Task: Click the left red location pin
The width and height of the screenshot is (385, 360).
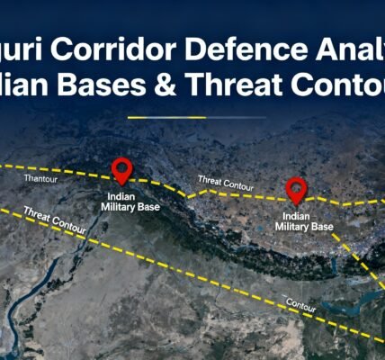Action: (x=121, y=169)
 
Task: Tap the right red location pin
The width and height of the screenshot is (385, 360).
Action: (x=296, y=188)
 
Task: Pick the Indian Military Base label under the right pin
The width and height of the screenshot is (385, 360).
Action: (x=304, y=221)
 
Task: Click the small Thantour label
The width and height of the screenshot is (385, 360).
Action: (x=42, y=178)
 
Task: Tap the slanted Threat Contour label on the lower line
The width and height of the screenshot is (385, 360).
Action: (x=56, y=221)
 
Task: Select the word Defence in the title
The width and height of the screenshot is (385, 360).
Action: (x=244, y=49)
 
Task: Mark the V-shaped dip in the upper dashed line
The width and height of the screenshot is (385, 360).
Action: (x=188, y=193)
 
